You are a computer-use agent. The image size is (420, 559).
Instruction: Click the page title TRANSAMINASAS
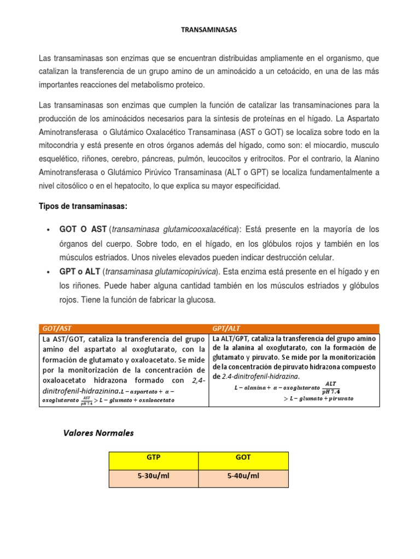coord(209,30)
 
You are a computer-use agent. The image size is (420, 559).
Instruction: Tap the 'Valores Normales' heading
coord(98,433)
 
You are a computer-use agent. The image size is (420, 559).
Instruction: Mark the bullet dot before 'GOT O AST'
coord(49,230)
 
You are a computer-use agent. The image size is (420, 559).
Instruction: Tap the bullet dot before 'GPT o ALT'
coord(49,272)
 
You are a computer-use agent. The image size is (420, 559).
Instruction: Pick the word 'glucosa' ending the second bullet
coord(201,300)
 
